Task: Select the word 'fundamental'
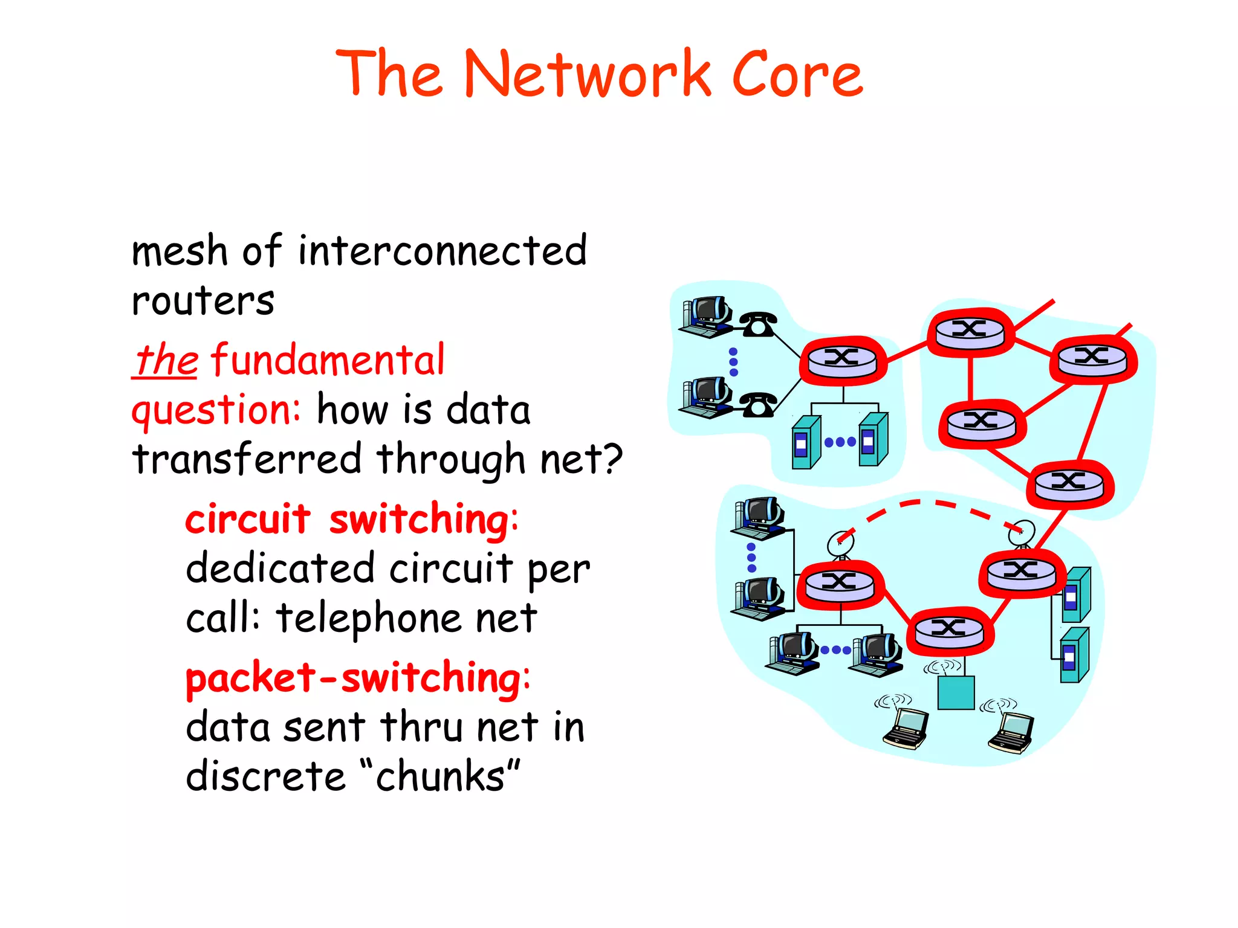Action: (328, 360)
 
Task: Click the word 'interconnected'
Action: (442, 251)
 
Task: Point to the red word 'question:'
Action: (216, 411)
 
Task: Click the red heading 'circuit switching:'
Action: (351, 520)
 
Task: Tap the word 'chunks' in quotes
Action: (439, 777)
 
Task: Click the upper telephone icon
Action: (758, 324)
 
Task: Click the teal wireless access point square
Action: (956, 692)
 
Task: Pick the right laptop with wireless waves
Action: (1011, 733)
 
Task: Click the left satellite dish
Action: (840, 544)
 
